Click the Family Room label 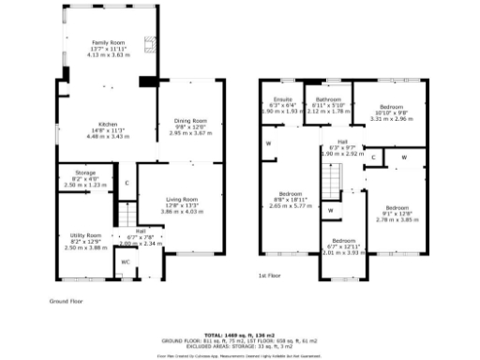click(107, 43)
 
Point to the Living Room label click(181, 199)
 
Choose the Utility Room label click(85, 235)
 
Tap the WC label click(125, 262)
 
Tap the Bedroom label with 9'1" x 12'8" click(397, 207)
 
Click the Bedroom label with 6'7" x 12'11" click(341, 240)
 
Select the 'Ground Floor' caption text click(67, 301)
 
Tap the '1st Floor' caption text click(270, 276)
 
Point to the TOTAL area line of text click(239, 334)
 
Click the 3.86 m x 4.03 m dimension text click(181, 212)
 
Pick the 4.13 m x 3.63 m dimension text click(107, 54)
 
